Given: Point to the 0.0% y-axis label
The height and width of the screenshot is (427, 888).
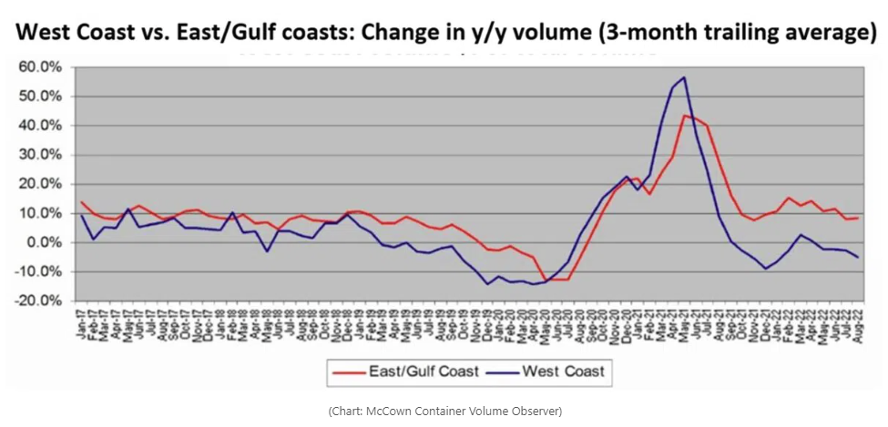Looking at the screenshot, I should click(40, 242).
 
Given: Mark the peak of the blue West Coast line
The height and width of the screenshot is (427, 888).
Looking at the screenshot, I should click(683, 77).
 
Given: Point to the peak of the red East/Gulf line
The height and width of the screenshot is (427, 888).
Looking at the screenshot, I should click(684, 116).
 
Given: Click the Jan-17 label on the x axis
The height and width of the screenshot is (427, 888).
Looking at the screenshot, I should click(81, 324).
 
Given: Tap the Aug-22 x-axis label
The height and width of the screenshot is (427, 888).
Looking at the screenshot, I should click(857, 324).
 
